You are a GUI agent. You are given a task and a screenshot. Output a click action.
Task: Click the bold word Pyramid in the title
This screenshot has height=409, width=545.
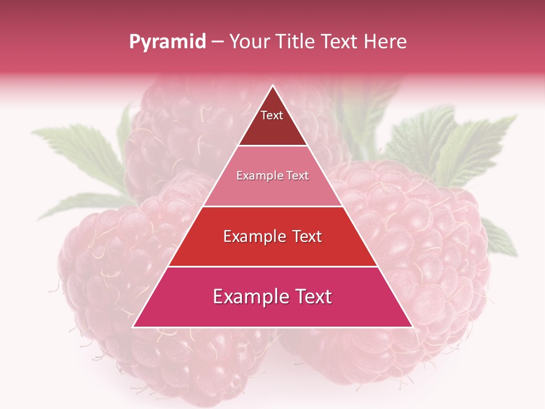pos(167,42)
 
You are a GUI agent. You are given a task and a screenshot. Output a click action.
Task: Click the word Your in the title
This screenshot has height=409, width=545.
pos(249,41)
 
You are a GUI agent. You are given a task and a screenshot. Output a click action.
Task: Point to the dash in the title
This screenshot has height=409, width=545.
pos(217,42)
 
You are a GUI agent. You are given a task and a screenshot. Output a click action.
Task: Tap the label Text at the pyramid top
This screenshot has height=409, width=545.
pos(272,115)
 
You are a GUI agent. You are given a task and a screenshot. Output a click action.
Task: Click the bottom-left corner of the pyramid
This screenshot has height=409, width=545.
pos(133,327)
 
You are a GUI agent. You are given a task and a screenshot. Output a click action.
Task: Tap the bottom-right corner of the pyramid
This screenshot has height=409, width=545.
pos(412,327)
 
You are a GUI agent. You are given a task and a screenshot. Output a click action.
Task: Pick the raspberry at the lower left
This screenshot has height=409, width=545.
pos(108,273)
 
